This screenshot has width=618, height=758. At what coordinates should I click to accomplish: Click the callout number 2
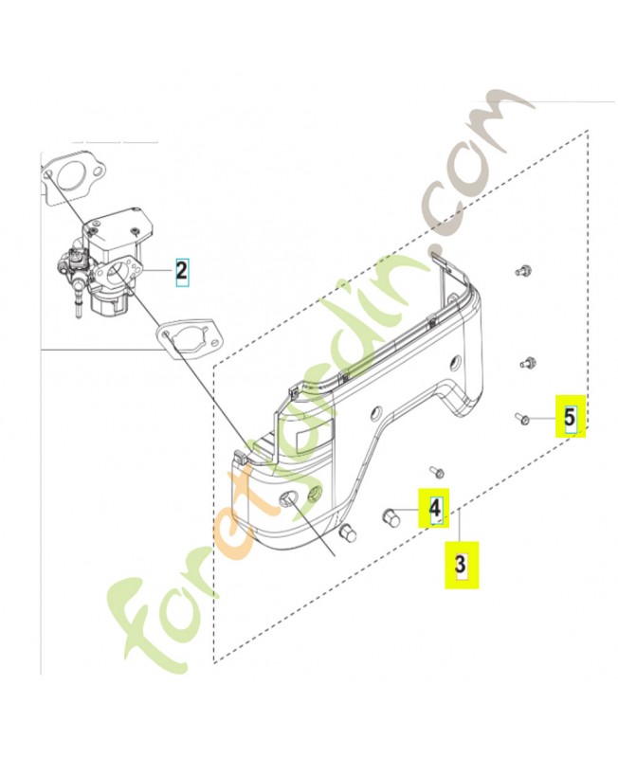coord(181,271)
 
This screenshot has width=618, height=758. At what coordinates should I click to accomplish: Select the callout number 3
coord(461,564)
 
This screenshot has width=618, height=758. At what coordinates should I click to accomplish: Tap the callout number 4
coord(435,508)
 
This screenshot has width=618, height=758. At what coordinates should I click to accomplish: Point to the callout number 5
coord(571,416)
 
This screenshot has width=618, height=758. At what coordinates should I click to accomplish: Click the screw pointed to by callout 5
coord(521,418)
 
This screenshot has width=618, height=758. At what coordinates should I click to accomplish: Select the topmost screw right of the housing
coord(522,272)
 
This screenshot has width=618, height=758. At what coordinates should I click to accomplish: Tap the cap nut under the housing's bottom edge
coord(348,532)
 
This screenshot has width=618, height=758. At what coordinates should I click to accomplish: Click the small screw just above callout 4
coord(437,471)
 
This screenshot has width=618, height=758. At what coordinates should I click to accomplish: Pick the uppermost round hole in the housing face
coord(456,361)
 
